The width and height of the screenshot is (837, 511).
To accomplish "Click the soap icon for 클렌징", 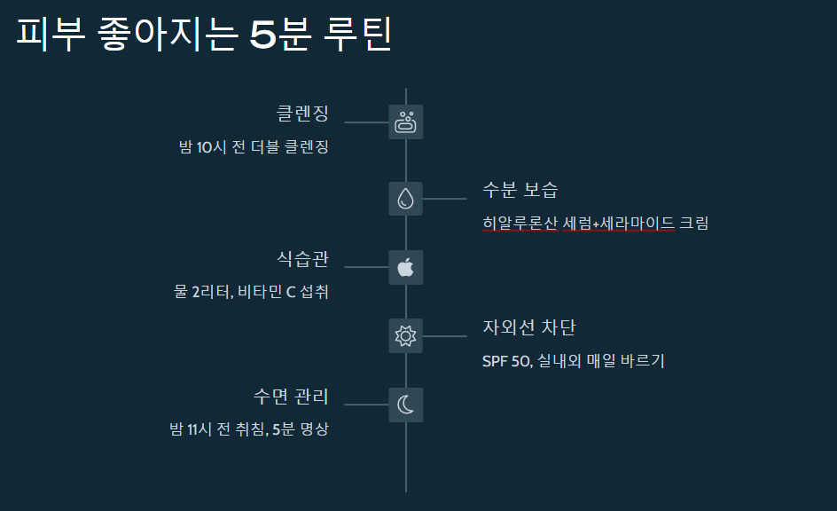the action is (406, 122).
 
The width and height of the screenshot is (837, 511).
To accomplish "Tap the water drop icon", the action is (406, 198).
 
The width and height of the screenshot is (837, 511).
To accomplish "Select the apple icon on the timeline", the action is (406, 267).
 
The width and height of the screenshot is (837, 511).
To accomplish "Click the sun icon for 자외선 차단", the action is (406, 336).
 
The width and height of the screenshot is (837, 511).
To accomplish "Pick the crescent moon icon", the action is (406, 405).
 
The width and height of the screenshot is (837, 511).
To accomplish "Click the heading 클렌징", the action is (302, 114).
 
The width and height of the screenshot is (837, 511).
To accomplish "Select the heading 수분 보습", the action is (520, 190).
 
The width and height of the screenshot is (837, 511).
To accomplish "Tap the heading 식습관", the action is (302, 259).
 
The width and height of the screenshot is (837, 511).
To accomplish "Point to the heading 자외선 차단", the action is (529, 327).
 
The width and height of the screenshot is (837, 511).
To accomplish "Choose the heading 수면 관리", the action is (291, 396).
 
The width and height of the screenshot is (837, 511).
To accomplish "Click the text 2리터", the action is (213, 292).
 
